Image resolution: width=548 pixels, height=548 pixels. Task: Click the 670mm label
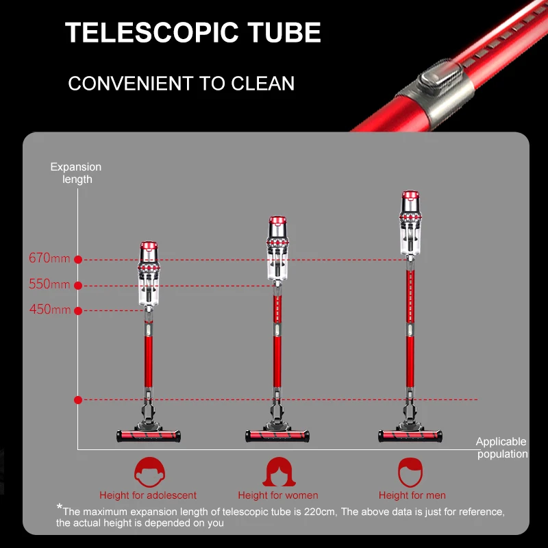coord(49,258)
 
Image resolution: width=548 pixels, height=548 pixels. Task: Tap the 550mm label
coord(49,284)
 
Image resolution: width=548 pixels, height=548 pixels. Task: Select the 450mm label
coord(50,310)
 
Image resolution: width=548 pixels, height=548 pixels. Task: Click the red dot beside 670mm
coord(78,260)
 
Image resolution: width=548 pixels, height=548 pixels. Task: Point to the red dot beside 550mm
coord(78,286)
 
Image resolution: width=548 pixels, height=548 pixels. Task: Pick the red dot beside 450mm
coord(78,311)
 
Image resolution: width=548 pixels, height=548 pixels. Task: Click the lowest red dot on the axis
coord(78,399)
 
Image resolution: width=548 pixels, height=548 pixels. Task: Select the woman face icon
coord(277,472)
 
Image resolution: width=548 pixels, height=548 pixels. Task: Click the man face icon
coord(411,472)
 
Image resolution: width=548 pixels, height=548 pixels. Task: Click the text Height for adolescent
coord(148,495)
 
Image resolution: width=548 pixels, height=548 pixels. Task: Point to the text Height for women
coord(278,495)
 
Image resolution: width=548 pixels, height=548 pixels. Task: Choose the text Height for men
coord(412,495)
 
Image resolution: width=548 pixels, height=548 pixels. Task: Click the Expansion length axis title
coord(76,173)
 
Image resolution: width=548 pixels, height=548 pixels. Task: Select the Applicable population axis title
coord(502,448)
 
